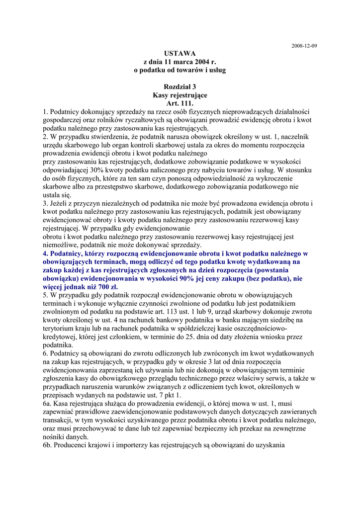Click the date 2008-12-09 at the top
304,46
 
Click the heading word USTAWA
180,54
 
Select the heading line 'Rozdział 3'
180,87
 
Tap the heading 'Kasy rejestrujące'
180,95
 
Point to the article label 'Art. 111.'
180,103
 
